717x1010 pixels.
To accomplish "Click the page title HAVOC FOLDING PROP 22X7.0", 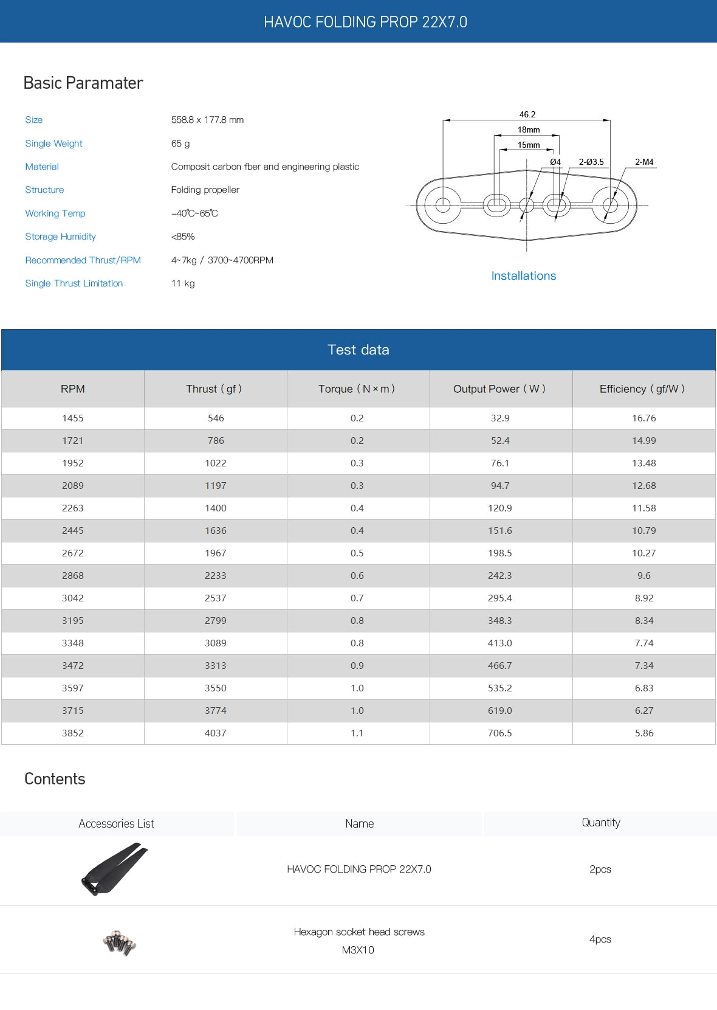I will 365,22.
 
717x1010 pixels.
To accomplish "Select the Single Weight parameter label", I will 53,144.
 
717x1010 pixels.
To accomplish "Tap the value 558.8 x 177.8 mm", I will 207,120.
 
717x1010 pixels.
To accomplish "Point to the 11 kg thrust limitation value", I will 183,283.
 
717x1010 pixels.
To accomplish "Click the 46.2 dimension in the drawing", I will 527,114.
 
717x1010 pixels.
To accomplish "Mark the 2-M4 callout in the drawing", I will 643,162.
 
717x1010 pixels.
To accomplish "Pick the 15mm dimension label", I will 529,145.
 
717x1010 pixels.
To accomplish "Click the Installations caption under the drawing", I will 523,275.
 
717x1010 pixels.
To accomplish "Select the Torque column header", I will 357,389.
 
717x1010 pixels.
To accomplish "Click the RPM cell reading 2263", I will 73,508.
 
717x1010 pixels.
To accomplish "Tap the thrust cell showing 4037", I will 216,733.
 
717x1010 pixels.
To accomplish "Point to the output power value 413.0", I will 500,643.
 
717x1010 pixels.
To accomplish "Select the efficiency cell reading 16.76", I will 643,418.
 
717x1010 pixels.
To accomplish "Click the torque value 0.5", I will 357,553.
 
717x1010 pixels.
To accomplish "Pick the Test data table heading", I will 358,350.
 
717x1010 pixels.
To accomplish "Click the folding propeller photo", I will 115,868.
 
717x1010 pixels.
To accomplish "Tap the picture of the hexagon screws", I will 119,942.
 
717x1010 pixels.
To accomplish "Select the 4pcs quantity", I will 600,939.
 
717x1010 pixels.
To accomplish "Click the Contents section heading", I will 55,779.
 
